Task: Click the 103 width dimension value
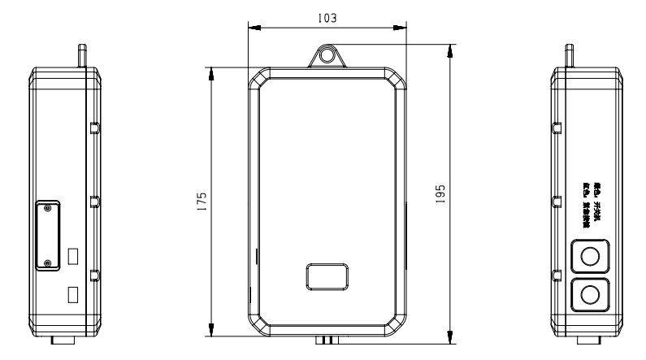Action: point(328,17)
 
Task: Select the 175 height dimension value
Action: point(199,202)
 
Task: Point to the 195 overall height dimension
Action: point(440,202)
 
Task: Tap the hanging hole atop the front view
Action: point(327,55)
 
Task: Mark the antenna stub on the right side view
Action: point(568,54)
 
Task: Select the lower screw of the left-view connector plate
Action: point(48,262)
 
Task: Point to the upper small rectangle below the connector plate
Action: point(72,257)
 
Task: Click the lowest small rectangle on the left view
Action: point(72,294)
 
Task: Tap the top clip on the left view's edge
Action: point(94,128)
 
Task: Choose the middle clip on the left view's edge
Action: point(94,200)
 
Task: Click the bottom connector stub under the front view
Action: point(327,339)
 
